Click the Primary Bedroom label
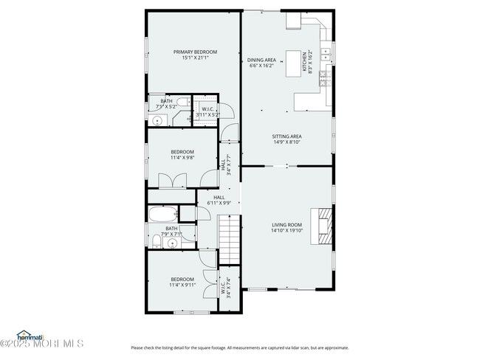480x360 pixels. pos(191,52)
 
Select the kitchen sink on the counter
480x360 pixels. pos(325,53)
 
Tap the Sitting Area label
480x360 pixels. pos(287,136)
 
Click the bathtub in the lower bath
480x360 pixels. pos(162,215)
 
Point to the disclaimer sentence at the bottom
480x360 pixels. pos(239,347)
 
